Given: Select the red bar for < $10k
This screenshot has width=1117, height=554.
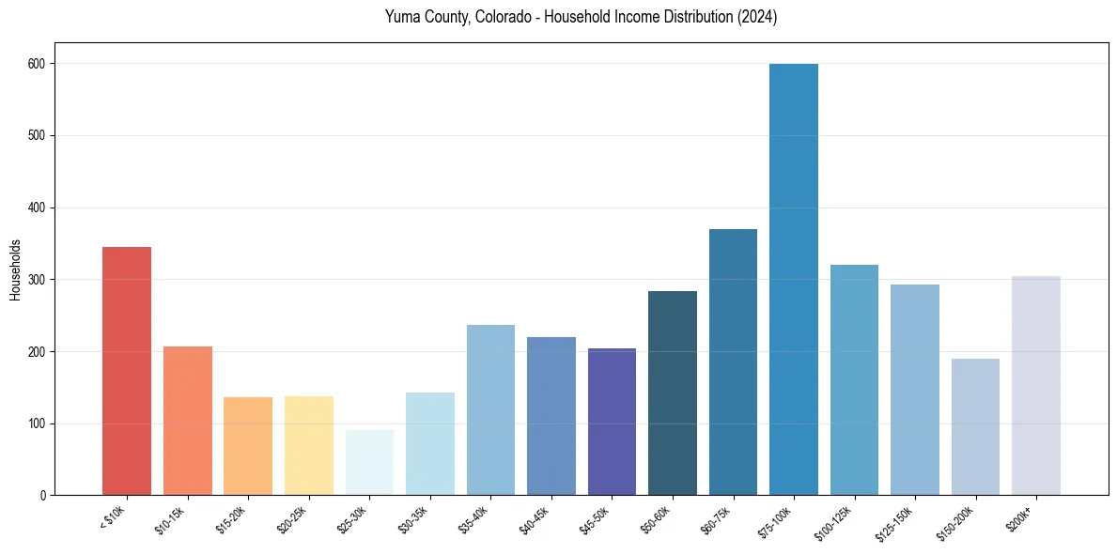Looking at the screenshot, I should pos(127,371).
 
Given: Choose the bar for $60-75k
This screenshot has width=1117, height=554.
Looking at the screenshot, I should pos(733,362).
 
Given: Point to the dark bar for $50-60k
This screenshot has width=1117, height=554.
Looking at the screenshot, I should pos(673,393).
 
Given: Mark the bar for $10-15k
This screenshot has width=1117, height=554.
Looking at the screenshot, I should pos(188,421).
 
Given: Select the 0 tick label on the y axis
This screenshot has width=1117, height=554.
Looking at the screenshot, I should pos(44,496).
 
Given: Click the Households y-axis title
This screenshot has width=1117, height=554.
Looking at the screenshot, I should pos(16,269).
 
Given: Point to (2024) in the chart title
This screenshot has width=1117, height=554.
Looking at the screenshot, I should pos(757,17).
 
